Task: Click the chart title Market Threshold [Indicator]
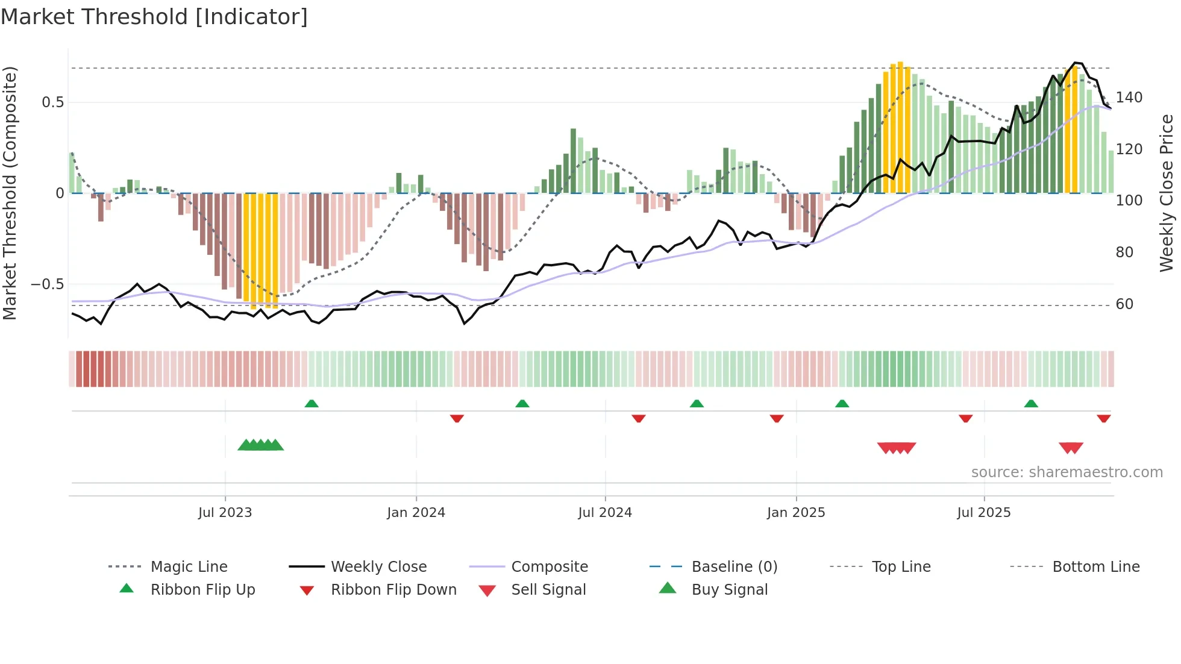154,17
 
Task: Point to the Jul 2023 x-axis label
225,513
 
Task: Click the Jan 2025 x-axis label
795,513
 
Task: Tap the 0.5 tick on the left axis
53,102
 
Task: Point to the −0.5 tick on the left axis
48,284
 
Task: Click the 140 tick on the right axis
1129,98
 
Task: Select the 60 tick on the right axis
1124,304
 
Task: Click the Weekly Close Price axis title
1167,193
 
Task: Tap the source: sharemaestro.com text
1067,472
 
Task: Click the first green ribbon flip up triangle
312,404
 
